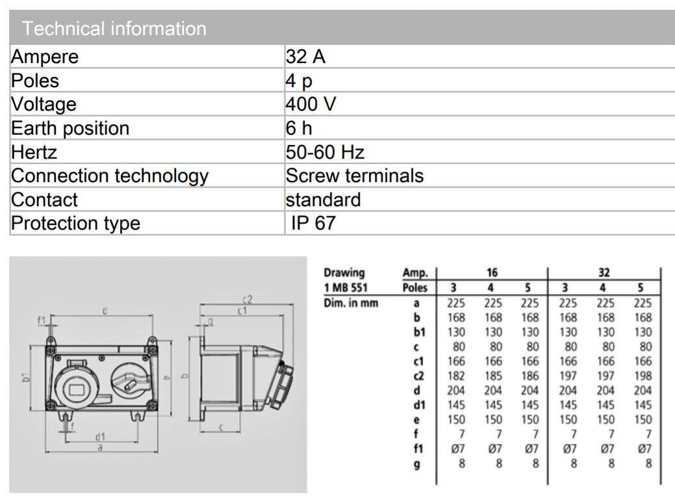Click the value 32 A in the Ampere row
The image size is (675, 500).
tap(305, 57)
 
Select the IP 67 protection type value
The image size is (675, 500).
tap(313, 223)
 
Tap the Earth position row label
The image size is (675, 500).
tap(70, 128)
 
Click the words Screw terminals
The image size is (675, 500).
tap(354, 176)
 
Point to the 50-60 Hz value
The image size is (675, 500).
tap(324, 152)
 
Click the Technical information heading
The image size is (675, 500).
tap(114, 29)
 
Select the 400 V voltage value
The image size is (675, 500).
tap(310, 104)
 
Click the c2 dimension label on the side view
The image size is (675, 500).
tap(246, 300)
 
